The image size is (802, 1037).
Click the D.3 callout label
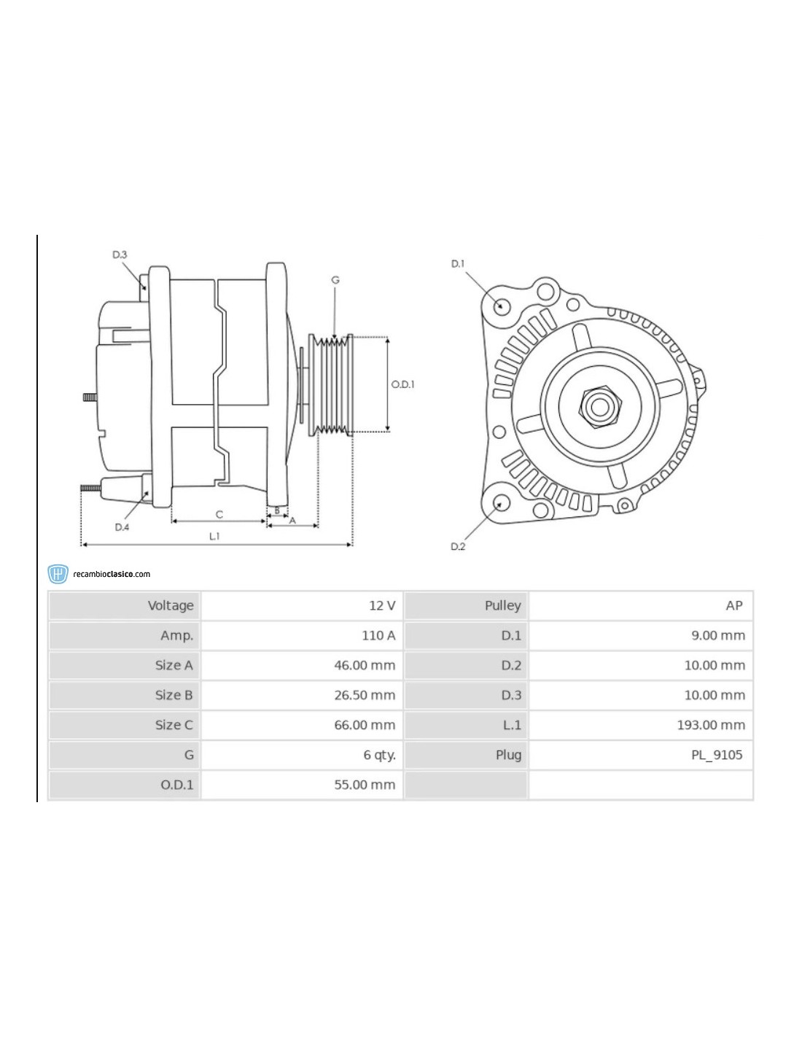pos(120,255)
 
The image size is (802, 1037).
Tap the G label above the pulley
pos(335,279)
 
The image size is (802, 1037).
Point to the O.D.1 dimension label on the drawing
pos(402,384)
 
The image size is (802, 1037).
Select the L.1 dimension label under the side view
pos(214,536)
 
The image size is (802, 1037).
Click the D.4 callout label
pos(122,527)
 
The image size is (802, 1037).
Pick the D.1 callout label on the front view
pos(458,264)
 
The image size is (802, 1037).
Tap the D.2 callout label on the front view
pos(458,546)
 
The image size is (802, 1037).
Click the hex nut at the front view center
pos(600,407)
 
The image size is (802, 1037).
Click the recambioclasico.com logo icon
pos(58,574)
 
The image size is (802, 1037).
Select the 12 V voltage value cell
pos(302,605)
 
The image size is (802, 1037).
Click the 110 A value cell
pos(302,636)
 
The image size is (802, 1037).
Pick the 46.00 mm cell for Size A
pos(302,665)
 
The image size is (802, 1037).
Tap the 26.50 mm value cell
pos(302,695)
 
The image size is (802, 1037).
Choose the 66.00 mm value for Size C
pos(302,725)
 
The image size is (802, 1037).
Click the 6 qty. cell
pos(302,755)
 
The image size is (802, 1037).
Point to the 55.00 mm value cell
pos(302,785)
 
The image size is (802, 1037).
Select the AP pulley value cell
pos(641,605)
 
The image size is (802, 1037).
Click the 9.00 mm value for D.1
pos(641,636)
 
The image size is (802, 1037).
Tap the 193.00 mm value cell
pos(641,725)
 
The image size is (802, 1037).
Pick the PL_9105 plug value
pos(641,755)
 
